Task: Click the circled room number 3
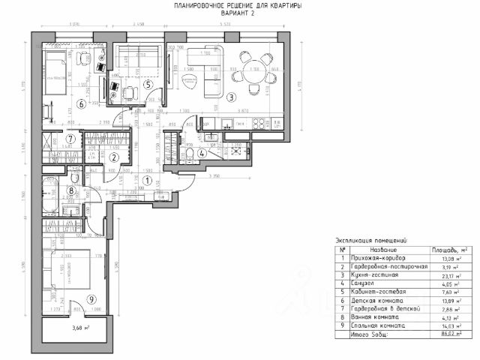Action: point(232,97)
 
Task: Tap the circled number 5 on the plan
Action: point(148,84)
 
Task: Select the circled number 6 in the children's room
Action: point(80,103)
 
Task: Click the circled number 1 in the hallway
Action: point(148,180)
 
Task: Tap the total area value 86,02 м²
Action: point(445,334)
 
